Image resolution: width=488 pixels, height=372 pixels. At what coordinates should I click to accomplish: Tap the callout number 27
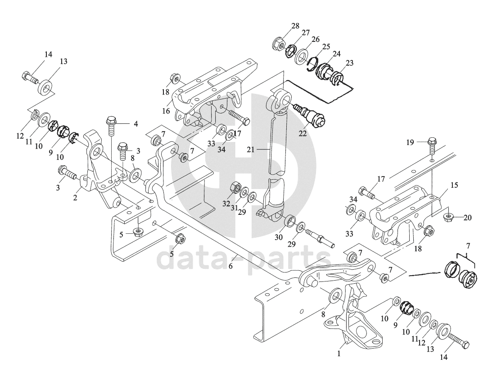306,32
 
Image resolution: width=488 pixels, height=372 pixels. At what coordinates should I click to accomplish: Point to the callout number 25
326,46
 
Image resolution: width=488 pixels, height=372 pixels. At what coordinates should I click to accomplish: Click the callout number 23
349,63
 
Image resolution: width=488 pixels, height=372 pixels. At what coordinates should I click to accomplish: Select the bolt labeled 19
431,143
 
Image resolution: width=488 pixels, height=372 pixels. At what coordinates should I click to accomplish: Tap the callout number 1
339,354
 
